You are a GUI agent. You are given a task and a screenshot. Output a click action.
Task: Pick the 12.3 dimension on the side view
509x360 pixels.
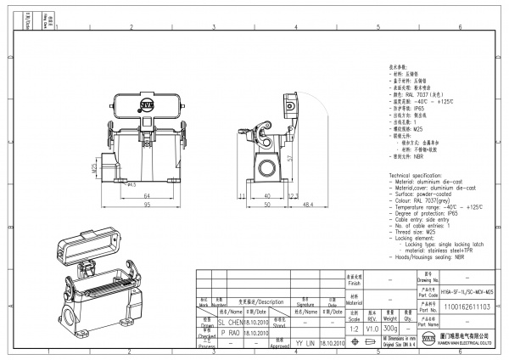pyautogui.click(x=294, y=195)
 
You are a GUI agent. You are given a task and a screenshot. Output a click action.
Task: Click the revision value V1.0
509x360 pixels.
pyautogui.click(x=372, y=327)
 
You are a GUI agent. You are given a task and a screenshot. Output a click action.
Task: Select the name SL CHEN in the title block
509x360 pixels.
pyautogui.click(x=231, y=323)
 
